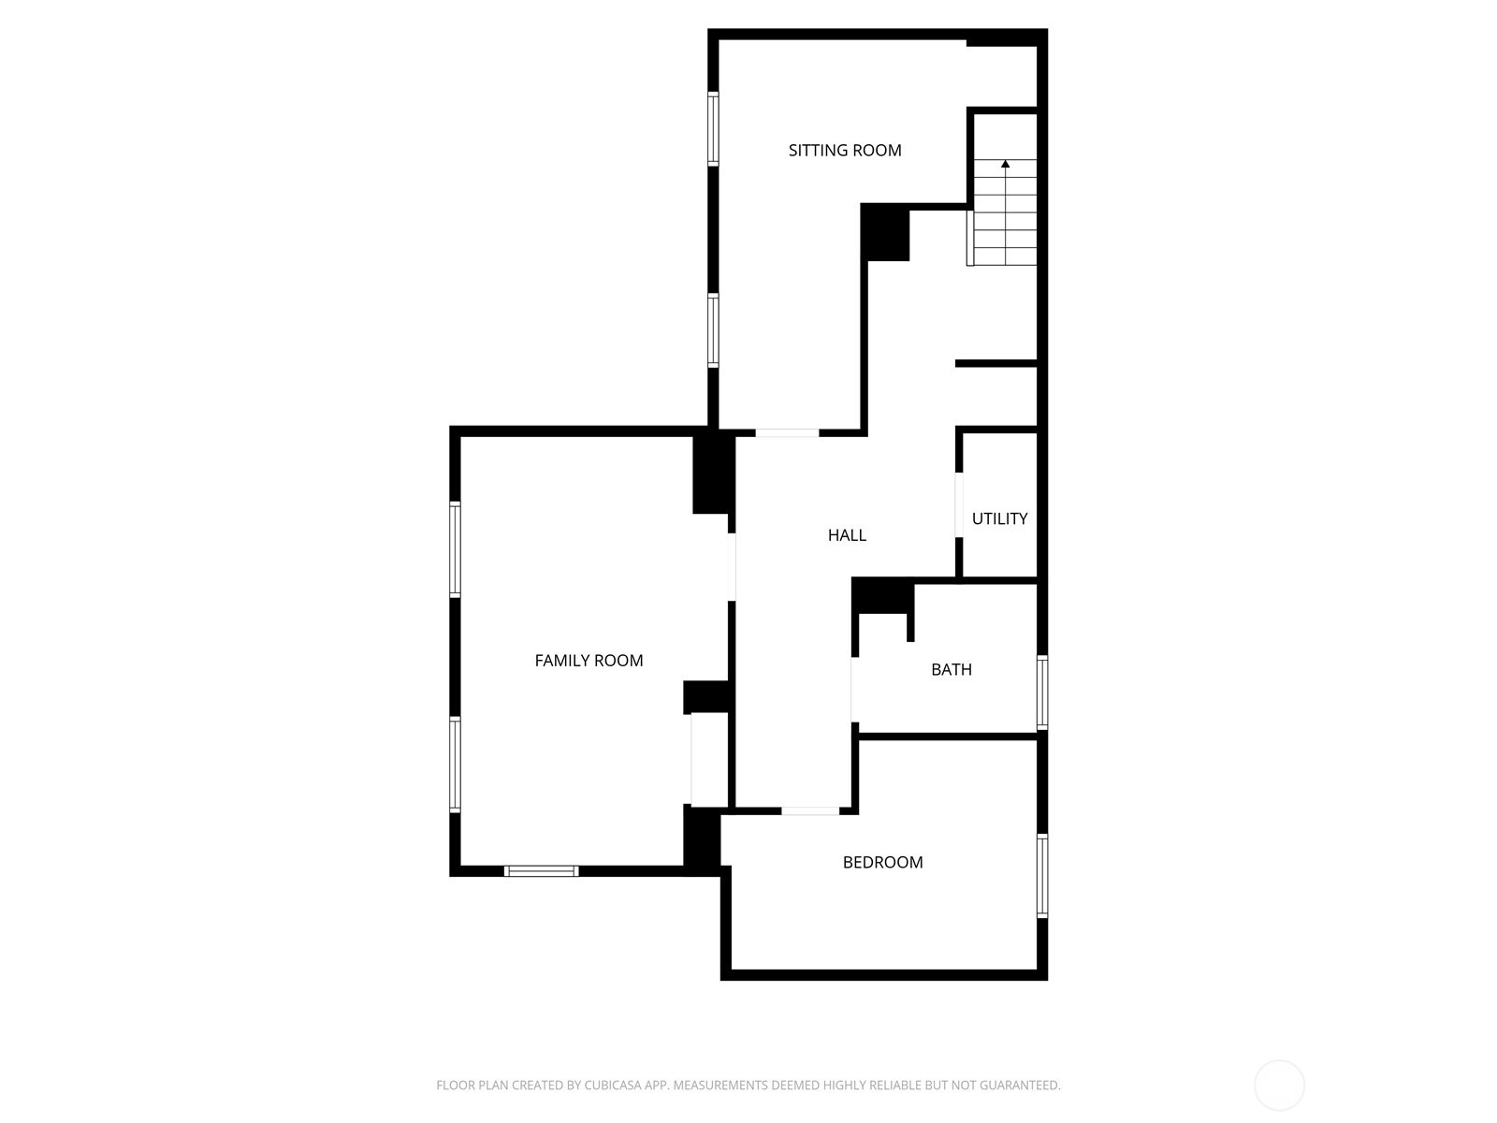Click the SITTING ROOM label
click(844, 150)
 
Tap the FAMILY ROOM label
click(589, 661)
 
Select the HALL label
click(847, 535)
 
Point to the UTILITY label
click(999, 518)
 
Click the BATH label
click(951, 669)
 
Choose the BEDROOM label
click(882, 862)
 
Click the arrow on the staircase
click(1006, 165)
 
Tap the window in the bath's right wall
click(1041, 693)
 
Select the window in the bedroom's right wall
click(1041, 875)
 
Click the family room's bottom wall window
click(541, 871)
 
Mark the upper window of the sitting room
click(713, 128)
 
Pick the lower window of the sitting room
click(713, 329)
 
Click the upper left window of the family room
click(455, 549)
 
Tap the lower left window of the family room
click(455, 763)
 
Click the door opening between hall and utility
click(959, 505)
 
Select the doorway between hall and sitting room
click(787, 432)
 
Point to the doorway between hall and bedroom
click(810, 810)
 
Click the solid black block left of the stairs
click(885, 232)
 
